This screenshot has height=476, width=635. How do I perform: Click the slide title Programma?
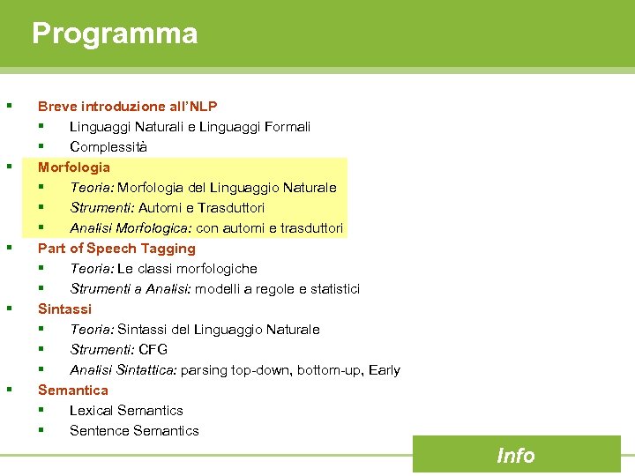tap(115, 34)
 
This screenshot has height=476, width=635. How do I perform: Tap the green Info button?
tap(515, 455)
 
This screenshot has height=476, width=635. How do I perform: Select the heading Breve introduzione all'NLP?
tap(127, 106)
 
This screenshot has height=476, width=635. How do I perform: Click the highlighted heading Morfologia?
tap(74, 167)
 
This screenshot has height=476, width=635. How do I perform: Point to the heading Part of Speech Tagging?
tap(116, 248)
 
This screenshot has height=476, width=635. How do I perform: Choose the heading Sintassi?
tap(64, 309)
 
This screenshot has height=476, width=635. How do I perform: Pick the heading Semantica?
tap(73, 390)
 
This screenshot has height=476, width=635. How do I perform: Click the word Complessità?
tap(108, 146)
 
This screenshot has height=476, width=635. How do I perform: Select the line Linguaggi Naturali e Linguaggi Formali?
tap(190, 126)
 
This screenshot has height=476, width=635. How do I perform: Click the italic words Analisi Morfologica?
tap(131, 227)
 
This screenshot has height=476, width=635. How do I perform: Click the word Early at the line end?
tap(385, 369)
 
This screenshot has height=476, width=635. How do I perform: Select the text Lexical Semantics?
tap(126, 410)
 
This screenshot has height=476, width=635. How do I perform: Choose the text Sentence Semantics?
tap(134, 430)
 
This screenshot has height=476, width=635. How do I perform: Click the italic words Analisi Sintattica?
tap(123, 369)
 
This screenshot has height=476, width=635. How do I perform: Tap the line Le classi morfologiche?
tap(187, 268)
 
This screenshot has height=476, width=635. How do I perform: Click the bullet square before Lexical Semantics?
tap(41, 410)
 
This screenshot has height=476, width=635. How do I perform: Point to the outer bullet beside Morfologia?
tap(9, 165)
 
